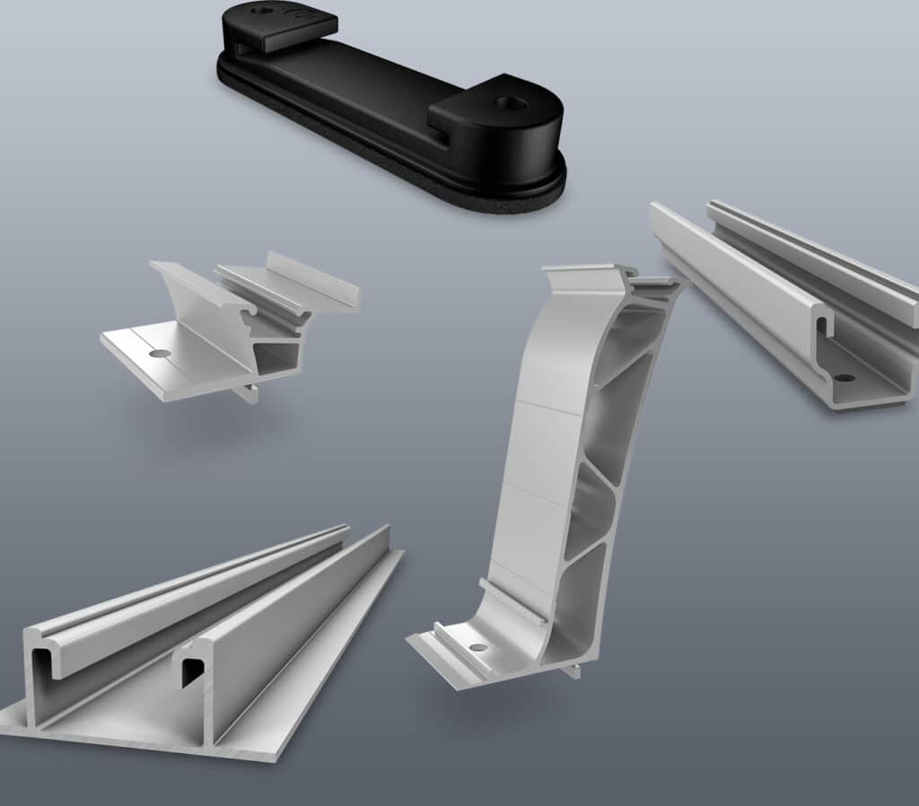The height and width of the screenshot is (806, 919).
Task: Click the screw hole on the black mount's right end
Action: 508,103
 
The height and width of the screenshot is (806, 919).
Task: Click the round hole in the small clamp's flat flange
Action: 160,354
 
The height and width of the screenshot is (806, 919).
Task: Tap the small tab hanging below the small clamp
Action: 249,393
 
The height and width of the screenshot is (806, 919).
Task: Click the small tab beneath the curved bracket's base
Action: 569,669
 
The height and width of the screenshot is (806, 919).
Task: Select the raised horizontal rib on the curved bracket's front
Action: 512,598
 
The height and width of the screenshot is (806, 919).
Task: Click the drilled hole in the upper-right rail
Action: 844,378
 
